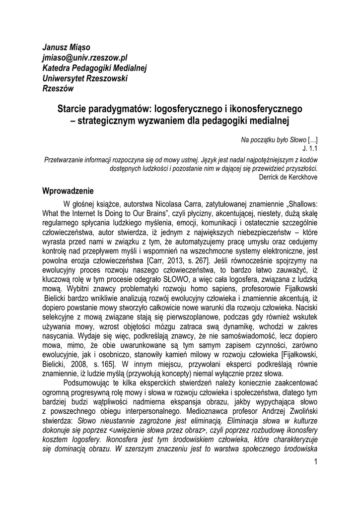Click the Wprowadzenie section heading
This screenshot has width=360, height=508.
click(68, 191)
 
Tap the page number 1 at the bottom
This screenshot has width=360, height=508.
click(316, 462)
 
